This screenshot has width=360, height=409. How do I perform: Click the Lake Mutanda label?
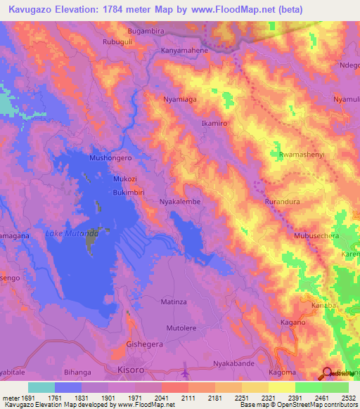67,233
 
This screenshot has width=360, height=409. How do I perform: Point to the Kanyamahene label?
185,51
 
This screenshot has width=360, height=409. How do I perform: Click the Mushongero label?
110,158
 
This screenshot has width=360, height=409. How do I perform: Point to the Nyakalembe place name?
182,201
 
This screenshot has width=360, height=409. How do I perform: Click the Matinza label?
174,301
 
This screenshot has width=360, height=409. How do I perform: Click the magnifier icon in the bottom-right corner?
328,373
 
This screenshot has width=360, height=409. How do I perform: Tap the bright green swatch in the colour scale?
308,387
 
